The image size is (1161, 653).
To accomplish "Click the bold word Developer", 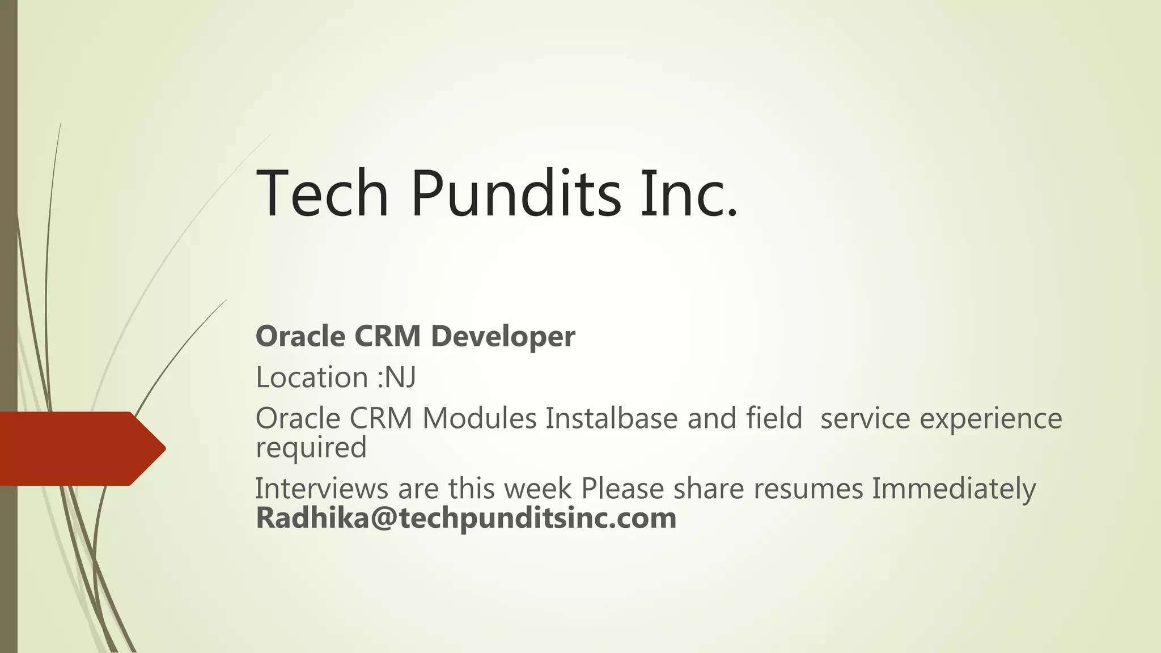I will [x=503, y=337].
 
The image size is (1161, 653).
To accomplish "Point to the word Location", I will [x=312, y=378].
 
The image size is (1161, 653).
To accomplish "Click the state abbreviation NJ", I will [x=400, y=378].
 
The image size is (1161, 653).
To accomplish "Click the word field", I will [x=774, y=419].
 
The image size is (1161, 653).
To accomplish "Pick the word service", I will [x=865, y=419].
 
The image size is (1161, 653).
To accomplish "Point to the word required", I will [x=311, y=448].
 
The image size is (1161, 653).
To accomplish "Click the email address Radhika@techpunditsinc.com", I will [x=466, y=518].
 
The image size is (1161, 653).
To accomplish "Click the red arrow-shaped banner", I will [x=79, y=448].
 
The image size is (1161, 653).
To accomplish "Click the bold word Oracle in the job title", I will [x=300, y=337].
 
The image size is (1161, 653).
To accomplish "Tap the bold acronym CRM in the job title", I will [x=387, y=337].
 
